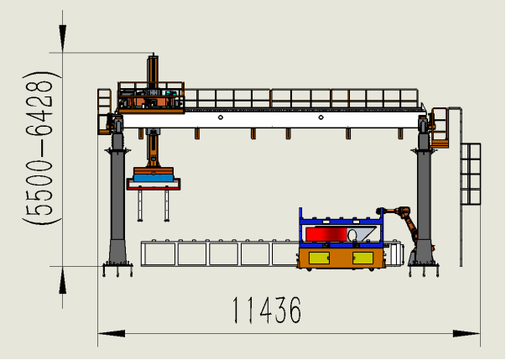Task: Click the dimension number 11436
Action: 267,310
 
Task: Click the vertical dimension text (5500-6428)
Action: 38,148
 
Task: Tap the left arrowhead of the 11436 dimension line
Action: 112,333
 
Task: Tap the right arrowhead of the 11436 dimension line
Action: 467,333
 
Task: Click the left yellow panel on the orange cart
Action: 319,258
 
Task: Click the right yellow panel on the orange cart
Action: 363,258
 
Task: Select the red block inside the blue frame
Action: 326,234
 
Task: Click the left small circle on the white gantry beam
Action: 221,117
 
